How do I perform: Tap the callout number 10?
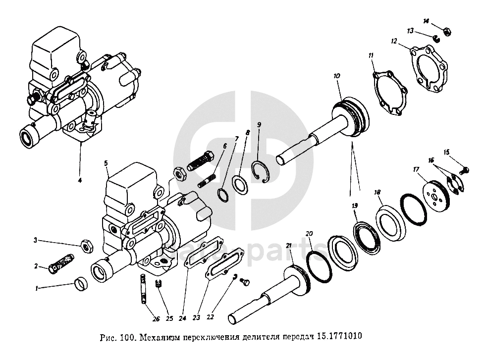click(x=336, y=76)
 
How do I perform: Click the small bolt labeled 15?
click(x=465, y=170)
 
